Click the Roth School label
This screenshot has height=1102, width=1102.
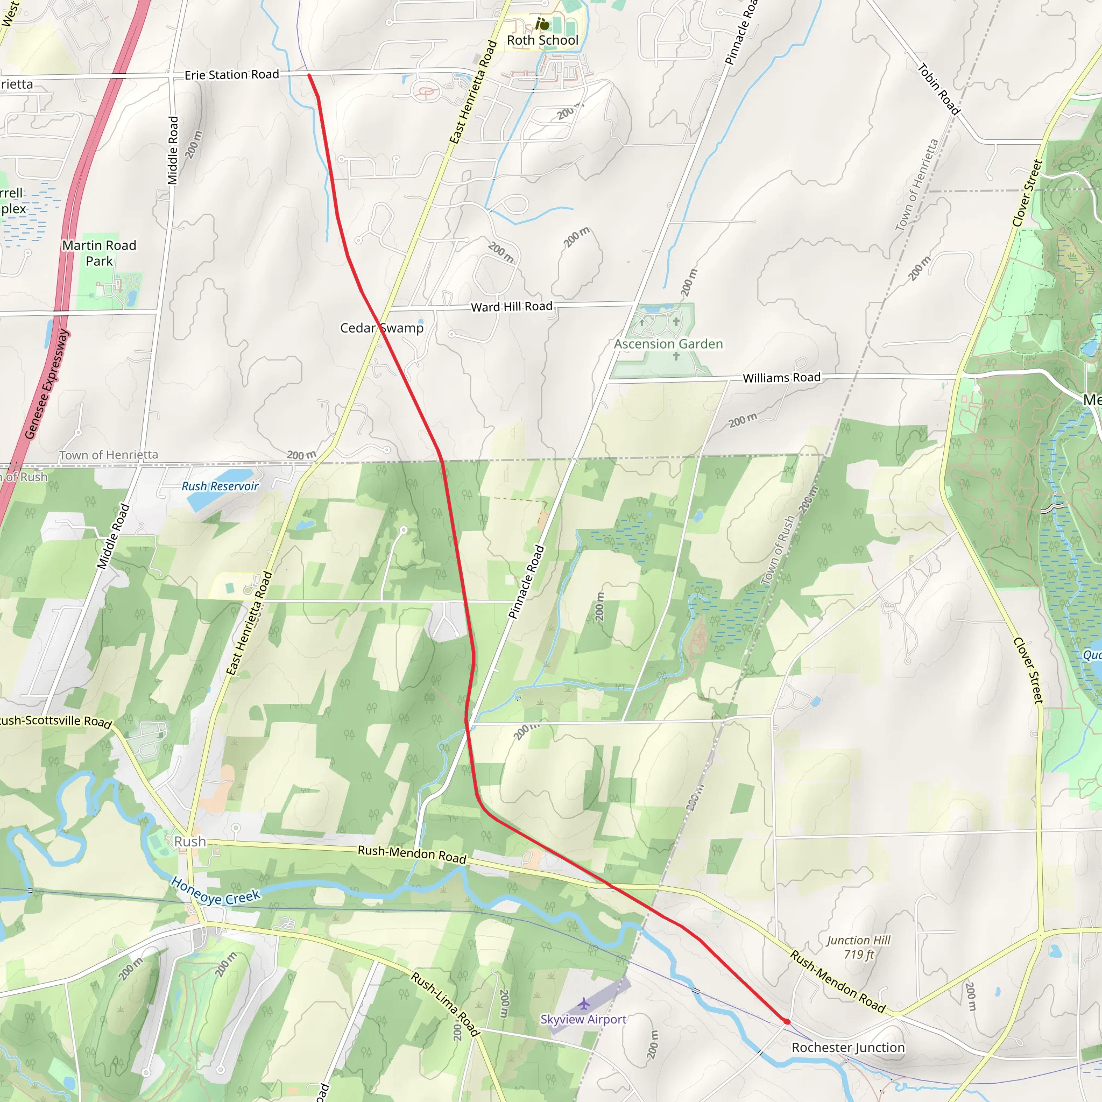(542, 40)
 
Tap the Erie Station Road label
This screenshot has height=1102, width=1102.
(231, 75)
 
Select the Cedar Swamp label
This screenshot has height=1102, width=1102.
(382, 328)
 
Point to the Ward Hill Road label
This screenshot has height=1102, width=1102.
(512, 306)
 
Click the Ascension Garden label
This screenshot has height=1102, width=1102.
(668, 344)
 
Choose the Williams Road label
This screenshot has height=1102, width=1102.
(781, 378)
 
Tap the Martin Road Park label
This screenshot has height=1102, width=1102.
(99, 253)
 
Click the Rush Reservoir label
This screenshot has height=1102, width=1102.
(220, 486)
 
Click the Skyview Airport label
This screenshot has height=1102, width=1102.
(583, 1019)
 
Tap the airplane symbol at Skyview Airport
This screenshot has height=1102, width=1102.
(583, 1004)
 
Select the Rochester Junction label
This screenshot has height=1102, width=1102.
(848, 1048)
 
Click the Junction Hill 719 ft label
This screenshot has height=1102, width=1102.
(858, 948)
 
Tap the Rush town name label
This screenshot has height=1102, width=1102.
(190, 842)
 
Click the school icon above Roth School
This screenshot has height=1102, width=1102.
(542, 24)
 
